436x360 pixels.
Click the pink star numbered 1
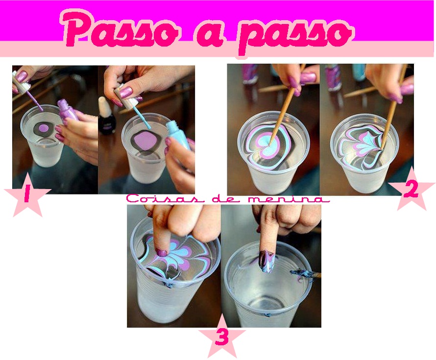27,194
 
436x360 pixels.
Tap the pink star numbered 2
412,190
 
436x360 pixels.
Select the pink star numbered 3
222,337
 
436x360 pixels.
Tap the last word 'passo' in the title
295,35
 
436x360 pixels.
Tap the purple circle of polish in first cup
44,128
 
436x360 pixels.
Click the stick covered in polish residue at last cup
306,274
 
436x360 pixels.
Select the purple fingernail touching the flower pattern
161,253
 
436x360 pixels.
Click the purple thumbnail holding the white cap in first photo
21,76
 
